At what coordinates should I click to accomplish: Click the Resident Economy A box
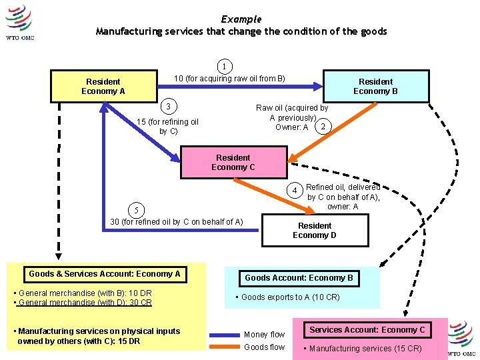[103, 86]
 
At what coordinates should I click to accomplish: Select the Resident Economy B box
[375, 86]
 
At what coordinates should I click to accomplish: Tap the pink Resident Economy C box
[233, 163]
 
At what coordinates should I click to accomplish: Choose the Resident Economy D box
[314, 230]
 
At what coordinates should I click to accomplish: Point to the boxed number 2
[323, 127]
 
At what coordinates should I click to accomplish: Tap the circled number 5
[136, 211]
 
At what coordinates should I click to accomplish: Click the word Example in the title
[241, 19]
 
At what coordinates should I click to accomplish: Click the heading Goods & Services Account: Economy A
[105, 273]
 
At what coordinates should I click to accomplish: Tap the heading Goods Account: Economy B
[299, 277]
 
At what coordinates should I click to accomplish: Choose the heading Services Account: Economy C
[367, 329]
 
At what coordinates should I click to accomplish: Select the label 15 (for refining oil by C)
[167, 126]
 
